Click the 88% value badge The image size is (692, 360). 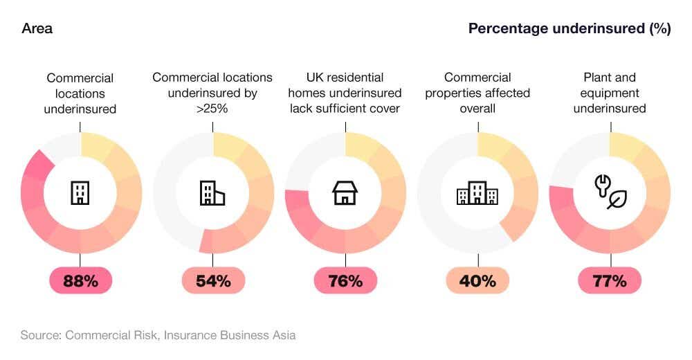[x=80, y=280]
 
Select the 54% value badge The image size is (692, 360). [x=212, y=280]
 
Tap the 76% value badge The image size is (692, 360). [x=345, y=280]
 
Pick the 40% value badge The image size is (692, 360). [x=477, y=280]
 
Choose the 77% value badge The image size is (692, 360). [x=610, y=280]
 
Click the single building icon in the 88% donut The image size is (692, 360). [x=80, y=192]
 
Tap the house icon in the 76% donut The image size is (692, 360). [x=345, y=192]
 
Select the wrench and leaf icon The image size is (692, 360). [x=610, y=192]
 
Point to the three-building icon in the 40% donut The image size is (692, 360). [x=477, y=192]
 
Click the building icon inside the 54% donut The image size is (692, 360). [x=212, y=192]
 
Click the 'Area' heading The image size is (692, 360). [x=37, y=28]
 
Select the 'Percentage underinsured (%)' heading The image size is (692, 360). [x=569, y=28]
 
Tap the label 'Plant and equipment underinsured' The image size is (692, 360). [x=610, y=93]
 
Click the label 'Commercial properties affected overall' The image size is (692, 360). [x=477, y=93]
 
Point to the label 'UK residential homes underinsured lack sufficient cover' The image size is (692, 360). [x=345, y=93]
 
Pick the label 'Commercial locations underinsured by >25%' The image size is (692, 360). [x=212, y=93]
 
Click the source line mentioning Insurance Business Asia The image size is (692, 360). [x=158, y=335]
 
